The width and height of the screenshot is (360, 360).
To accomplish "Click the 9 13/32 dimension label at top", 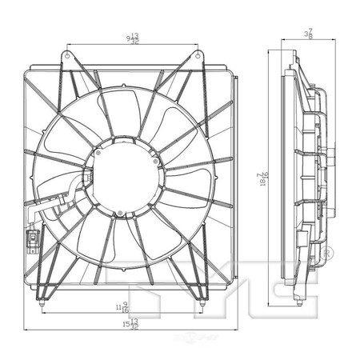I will [133, 37].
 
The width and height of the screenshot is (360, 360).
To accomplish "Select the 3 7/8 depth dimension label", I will [307, 33].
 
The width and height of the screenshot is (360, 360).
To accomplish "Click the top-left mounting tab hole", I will [67, 55].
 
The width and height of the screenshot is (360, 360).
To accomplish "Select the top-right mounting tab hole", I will [197, 55].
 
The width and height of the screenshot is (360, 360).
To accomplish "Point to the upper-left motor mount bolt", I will [97, 151].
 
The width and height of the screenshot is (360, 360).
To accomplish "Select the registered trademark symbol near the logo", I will [326, 254].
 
